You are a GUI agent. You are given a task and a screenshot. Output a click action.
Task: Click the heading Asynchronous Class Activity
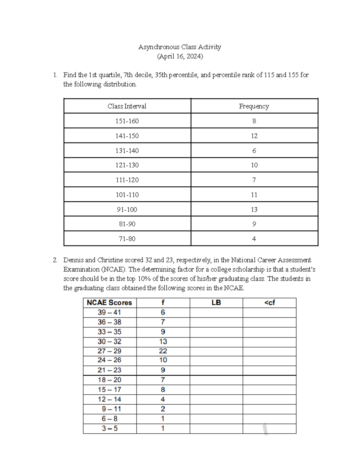[179, 47]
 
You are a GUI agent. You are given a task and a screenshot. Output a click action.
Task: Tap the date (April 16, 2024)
[180, 56]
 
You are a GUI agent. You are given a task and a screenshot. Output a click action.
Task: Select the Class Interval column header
[127, 106]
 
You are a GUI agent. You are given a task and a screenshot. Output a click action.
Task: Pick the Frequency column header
[254, 106]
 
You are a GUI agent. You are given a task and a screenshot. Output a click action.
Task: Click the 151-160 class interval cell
[127, 121]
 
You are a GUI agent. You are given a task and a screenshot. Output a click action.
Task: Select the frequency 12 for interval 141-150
[254, 136]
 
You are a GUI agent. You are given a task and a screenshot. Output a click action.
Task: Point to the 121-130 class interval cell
[127, 165]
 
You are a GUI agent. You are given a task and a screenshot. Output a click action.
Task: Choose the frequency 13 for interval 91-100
[254, 209]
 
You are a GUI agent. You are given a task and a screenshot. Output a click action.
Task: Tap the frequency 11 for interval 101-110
[254, 195]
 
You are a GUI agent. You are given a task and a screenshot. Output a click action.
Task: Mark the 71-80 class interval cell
[127, 239]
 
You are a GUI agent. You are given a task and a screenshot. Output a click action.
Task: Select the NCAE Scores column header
[109, 302]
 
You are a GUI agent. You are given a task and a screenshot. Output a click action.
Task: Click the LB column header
[216, 302]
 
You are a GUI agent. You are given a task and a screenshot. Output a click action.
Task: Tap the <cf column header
[269, 302]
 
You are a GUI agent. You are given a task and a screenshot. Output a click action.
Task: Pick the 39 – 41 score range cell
[109, 312]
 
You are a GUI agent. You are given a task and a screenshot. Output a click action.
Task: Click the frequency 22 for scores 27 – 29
[163, 351]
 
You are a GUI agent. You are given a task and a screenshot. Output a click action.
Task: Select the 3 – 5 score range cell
[109, 428]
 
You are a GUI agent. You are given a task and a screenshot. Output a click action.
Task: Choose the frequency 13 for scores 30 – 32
[163, 341]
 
